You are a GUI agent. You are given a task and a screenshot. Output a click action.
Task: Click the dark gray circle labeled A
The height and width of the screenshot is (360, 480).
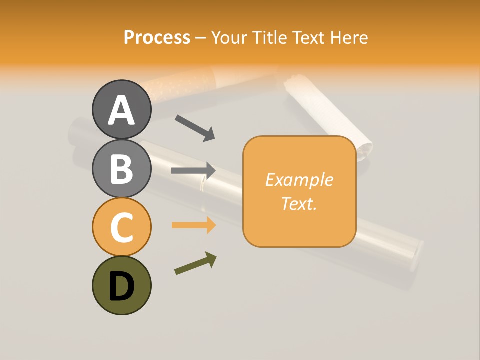tap(121, 109)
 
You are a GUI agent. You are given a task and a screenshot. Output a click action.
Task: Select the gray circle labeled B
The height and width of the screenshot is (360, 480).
tap(121, 168)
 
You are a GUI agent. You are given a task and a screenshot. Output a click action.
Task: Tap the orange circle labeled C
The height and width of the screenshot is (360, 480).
tap(121, 227)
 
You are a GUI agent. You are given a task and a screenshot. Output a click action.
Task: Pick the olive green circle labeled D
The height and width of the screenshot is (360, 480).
tap(121, 285)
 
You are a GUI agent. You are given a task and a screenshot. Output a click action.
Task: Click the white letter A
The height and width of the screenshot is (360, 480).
tap(121, 110)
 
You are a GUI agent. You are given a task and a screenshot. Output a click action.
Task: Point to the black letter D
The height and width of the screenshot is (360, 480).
tap(121, 286)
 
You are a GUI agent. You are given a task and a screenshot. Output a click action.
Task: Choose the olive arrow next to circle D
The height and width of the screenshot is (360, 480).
tap(195, 263)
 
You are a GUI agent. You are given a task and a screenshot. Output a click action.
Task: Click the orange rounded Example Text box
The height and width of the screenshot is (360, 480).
tap(299, 191)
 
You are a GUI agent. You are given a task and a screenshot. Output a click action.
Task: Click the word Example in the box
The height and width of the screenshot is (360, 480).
tap(299, 180)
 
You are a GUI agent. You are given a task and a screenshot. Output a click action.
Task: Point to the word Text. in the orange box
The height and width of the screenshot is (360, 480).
tap(299, 203)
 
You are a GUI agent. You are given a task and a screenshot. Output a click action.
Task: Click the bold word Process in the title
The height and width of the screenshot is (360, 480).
tap(157, 37)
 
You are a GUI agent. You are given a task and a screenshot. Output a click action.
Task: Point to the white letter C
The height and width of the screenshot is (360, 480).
tap(121, 228)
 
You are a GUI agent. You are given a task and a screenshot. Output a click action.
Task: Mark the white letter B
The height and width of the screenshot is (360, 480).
tap(121, 169)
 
